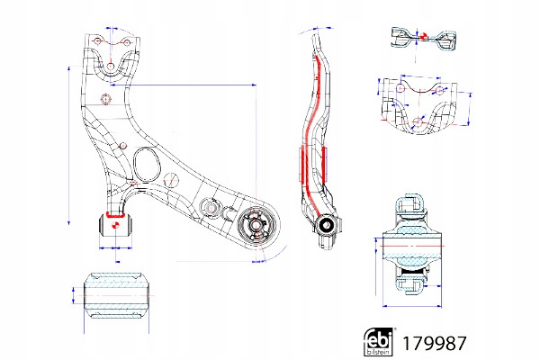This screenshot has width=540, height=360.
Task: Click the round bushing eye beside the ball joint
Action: (x=210, y=208)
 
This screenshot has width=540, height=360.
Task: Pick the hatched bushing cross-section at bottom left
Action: (x=115, y=294)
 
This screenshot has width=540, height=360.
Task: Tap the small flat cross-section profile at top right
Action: (x=420, y=36)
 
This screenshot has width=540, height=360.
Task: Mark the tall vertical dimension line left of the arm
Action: (x=69, y=144)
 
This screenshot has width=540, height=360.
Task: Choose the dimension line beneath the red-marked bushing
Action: (x=114, y=246)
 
